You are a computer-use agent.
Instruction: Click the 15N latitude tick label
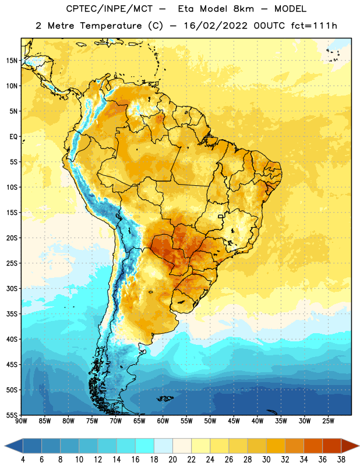click(12, 61)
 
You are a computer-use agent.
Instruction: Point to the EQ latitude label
click(13, 137)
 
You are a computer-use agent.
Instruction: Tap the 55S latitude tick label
click(12, 415)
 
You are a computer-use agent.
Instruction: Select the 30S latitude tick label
click(12, 288)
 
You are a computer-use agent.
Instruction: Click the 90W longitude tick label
click(21, 421)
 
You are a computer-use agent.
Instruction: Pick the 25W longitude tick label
click(328, 421)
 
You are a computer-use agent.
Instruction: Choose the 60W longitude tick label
click(163, 421)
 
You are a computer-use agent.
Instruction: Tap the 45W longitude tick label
click(234, 421)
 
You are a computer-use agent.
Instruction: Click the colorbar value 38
click(341, 460)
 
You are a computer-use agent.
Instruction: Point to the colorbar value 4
click(23, 460)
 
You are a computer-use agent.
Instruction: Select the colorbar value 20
click(172, 460)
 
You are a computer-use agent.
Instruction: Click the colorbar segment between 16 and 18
click(144, 446)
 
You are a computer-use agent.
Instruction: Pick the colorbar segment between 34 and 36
click(313, 446)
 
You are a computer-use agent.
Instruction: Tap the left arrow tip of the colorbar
click(5, 446)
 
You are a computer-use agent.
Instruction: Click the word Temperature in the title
click(111, 26)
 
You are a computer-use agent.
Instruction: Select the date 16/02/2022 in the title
click(215, 26)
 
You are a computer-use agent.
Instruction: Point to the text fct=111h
click(314, 26)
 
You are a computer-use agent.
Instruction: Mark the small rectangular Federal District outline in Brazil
click(221, 217)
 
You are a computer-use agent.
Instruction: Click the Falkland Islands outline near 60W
click(165, 398)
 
